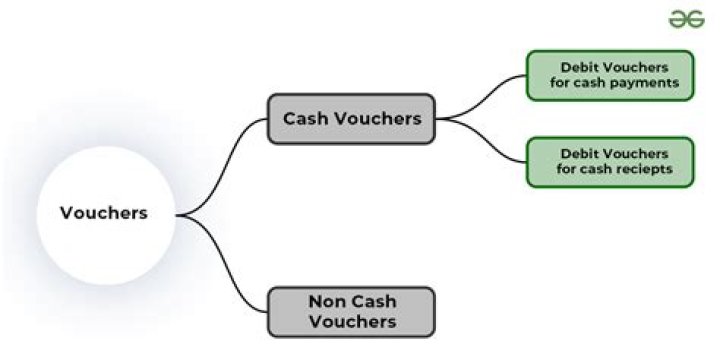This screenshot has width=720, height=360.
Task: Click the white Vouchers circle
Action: coord(106,215)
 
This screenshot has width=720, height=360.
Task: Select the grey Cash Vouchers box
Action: coord(351,119)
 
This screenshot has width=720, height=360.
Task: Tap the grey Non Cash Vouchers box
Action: coord(351,312)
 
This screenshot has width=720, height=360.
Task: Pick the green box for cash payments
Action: coord(610,75)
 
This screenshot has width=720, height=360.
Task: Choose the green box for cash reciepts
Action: coord(610,162)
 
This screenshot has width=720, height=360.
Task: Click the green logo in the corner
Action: coord(686,19)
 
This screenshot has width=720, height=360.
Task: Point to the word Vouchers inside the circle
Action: coord(104,213)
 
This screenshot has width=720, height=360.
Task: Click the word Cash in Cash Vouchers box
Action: coord(305,118)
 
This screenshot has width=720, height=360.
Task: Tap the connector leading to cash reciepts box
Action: coord(481,140)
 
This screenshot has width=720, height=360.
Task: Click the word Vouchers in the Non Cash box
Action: coord(352,321)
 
